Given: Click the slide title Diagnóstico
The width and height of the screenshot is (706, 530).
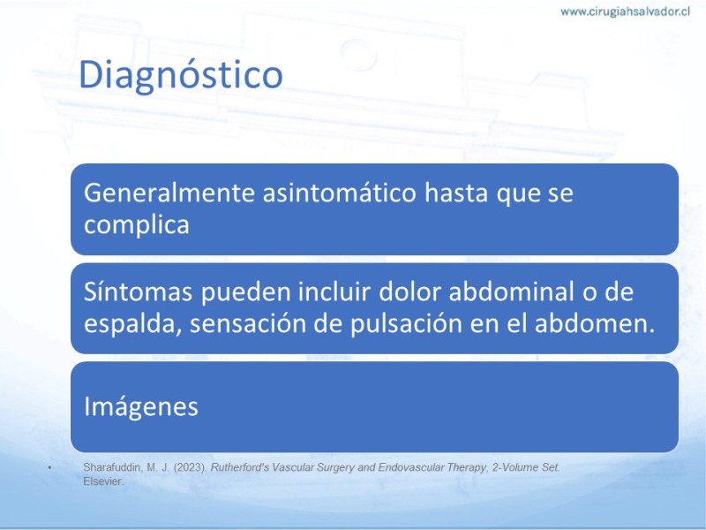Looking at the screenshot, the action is (x=181, y=75).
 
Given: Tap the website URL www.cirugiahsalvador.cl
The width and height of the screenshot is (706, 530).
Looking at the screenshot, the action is (x=625, y=11).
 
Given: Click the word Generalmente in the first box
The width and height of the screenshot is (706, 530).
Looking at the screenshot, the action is (x=169, y=193).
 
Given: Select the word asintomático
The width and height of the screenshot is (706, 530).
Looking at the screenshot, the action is (x=339, y=193).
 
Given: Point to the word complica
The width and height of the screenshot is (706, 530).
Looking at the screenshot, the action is (x=137, y=225).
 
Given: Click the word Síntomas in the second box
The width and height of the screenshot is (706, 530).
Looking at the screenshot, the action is (x=139, y=291).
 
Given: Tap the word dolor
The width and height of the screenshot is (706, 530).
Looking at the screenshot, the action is (x=409, y=291).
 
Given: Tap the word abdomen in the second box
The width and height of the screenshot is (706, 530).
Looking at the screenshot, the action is (x=594, y=323).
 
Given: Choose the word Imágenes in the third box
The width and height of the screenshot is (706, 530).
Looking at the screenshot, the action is (x=141, y=406).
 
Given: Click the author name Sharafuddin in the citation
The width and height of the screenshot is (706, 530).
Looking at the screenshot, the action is (x=113, y=467).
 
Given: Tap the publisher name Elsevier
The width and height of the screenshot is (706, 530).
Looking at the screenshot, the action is (x=103, y=481).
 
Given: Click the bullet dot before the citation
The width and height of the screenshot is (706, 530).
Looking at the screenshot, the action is (x=50, y=468).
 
